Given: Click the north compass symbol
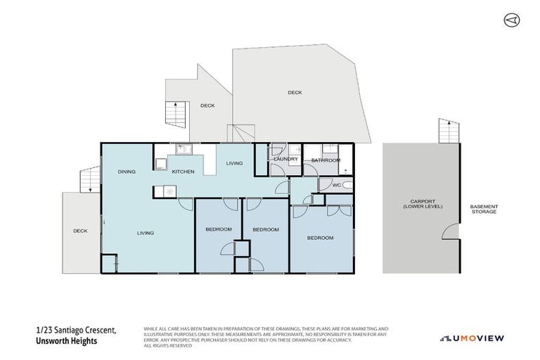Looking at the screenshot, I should [511, 20].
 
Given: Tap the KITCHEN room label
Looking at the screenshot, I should [183, 172].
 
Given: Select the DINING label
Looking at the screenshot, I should [127, 172].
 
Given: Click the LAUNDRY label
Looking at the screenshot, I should [284, 160].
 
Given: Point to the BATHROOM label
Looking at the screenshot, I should [326, 160].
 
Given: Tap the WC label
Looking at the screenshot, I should [336, 185].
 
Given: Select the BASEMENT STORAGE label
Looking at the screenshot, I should [483, 209].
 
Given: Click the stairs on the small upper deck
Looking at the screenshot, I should [173, 112].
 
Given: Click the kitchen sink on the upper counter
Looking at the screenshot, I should [181, 149].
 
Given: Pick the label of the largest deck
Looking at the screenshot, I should [295, 92].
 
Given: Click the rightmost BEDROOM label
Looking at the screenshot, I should [320, 238].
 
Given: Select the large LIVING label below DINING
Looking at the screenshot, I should [146, 233].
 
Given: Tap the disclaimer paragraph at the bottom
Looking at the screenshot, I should [266, 337].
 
